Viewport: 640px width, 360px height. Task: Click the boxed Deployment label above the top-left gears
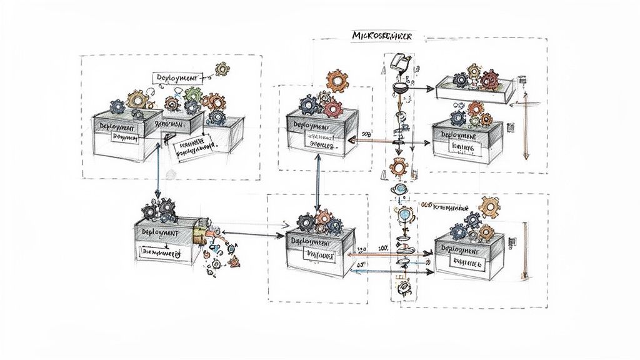click(177, 77)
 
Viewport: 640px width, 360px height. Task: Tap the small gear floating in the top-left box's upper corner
click(222, 68)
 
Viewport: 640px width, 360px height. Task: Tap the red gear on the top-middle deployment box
click(333, 108)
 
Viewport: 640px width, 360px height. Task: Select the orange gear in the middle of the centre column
click(398, 167)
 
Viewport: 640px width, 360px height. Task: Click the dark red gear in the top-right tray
click(491, 79)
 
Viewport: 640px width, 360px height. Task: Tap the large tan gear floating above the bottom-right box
click(489, 206)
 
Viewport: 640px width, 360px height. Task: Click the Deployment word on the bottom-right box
click(461, 249)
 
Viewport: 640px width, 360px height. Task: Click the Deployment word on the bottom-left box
click(160, 232)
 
